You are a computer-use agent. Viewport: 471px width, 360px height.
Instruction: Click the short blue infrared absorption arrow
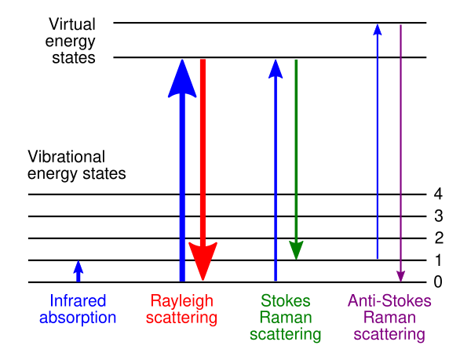[78, 271]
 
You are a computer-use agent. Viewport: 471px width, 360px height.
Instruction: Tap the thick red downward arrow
[203, 157]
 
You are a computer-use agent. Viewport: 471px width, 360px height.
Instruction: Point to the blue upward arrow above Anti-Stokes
[378, 141]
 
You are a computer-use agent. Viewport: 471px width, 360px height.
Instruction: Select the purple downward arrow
[400, 149]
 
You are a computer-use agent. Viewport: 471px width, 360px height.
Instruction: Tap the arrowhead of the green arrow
[296, 249]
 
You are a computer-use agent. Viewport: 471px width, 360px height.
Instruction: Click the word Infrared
[78, 301]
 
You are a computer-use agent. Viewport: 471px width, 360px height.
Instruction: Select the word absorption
[78, 318]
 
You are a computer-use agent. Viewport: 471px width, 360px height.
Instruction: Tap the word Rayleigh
[181, 301]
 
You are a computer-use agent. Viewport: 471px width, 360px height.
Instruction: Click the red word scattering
[181, 318]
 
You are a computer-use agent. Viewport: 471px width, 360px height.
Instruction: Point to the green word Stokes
[286, 301]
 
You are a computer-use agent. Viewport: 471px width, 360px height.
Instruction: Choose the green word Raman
[286, 318]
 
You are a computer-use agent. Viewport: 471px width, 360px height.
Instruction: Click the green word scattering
[286, 335]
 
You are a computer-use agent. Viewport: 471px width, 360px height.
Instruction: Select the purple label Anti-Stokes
[389, 301]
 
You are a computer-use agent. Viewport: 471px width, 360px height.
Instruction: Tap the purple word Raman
[389, 318]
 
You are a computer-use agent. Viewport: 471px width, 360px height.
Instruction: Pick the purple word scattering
[389, 335]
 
